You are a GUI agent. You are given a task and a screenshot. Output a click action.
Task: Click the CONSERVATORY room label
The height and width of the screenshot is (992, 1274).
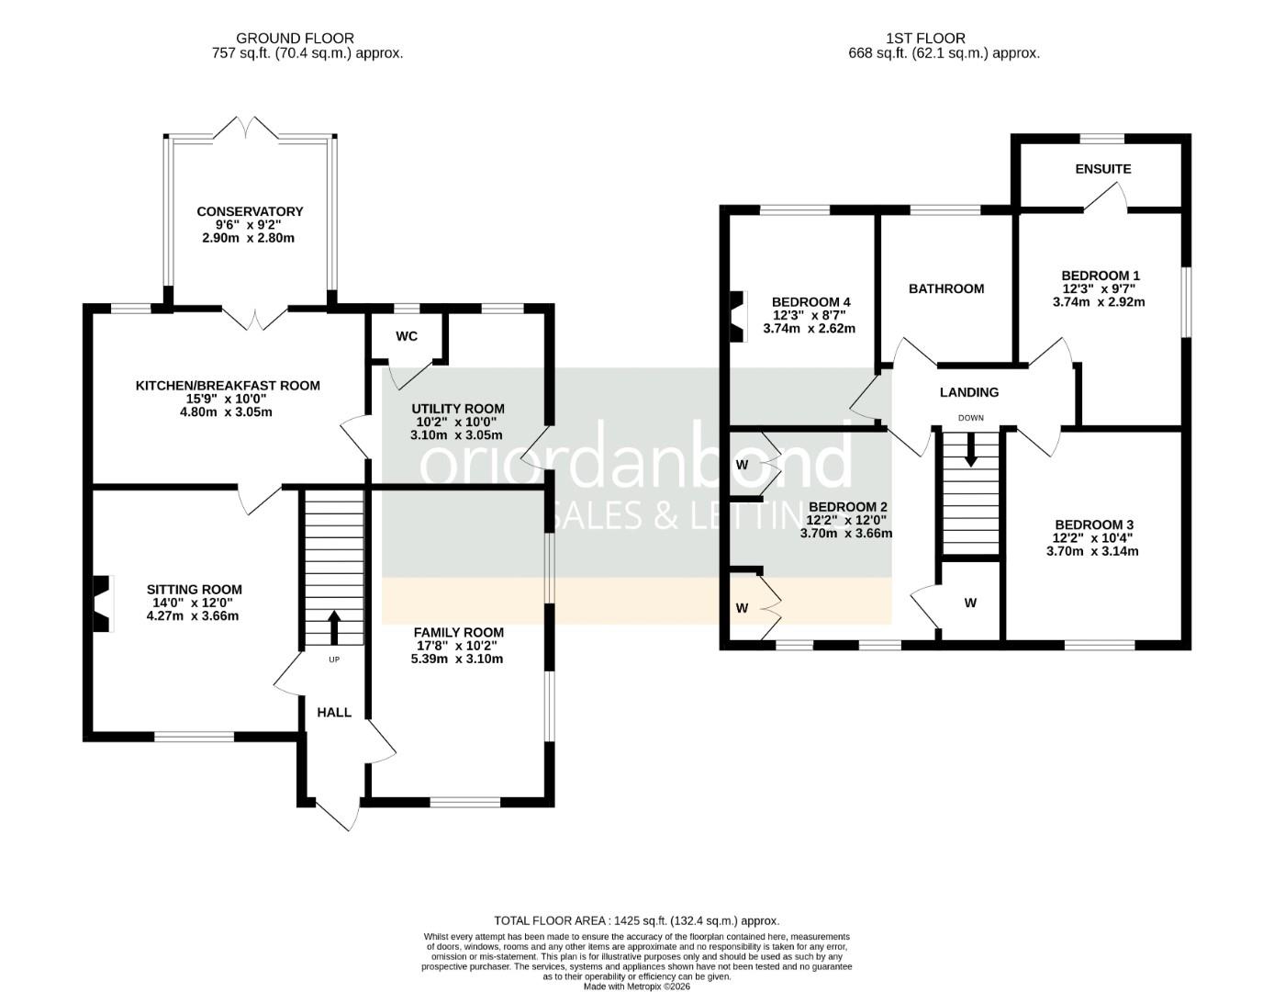[x=250, y=212]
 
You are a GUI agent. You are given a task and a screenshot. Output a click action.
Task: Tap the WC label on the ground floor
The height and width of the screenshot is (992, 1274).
[x=407, y=336]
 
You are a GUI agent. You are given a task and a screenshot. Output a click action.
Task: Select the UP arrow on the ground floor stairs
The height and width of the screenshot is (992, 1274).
[x=333, y=627]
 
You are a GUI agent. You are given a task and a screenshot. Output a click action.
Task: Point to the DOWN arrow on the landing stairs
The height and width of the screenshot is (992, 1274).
[x=970, y=450]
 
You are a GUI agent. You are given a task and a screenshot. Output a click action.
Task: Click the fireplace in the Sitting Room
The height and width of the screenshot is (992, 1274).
[x=103, y=603]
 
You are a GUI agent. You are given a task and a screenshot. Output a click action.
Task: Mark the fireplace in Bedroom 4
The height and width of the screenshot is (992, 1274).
[x=738, y=317]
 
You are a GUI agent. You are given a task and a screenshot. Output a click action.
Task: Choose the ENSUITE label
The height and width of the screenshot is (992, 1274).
[x=1102, y=169]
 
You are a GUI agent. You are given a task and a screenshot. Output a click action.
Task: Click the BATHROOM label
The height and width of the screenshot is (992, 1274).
[x=946, y=288]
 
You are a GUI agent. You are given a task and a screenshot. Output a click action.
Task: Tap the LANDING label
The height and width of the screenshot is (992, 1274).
[x=969, y=392]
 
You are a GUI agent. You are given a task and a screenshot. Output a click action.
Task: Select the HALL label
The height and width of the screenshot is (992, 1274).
[x=334, y=713]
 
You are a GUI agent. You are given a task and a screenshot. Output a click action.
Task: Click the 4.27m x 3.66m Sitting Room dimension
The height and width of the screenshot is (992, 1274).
[x=193, y=616]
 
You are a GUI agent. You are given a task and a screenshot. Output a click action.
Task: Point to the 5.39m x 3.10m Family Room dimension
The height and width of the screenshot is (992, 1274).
[x=457, y=659]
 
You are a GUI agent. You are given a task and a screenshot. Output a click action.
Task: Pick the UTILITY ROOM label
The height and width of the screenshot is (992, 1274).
[x=458, y=409]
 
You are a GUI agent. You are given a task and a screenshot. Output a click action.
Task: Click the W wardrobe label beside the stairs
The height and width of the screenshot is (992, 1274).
[x=970, y=603]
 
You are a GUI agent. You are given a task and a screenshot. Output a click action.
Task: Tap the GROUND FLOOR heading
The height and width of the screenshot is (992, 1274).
[x=295, y=39]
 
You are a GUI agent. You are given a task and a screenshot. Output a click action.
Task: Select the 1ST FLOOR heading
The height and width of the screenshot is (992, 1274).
[x=925, y=39]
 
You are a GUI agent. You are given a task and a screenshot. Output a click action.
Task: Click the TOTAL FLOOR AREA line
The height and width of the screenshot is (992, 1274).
[x=637, y=920]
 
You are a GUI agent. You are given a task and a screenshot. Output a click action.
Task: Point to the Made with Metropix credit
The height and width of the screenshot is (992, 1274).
[x=637, y=986]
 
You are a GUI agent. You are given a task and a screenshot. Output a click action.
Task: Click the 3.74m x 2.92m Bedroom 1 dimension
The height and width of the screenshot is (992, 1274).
[x=1099, y=302]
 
